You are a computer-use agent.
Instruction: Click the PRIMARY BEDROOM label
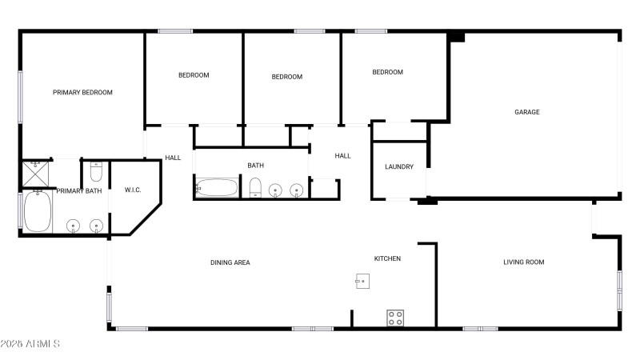[x=82, y=93]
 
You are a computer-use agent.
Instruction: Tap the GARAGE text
[x=526, y=112]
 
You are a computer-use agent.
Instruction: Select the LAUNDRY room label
[x=399, y=167]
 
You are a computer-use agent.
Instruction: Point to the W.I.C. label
[x=133, y=190]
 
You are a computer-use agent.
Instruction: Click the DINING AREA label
[x=230, y=262]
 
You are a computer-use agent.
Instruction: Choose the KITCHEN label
[x=388, y=258]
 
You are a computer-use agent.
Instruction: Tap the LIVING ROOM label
[x=524, y=262]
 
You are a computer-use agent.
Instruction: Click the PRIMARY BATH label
[x=78, y=191]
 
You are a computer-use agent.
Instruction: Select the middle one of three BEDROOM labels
[x=287, y=77]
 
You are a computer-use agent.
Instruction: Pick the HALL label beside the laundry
[x=342, y=156]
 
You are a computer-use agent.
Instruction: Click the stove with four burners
[x=395, y=318]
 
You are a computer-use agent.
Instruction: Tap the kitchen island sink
[x=362, y=282]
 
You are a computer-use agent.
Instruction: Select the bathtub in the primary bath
[x=37, y=212]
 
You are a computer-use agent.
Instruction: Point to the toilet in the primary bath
[x=95, y=171]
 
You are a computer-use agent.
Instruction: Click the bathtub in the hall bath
[x=216, y=188]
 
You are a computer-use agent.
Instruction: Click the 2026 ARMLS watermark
[x=30, y=344]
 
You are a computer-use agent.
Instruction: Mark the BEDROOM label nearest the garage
[x=388, y=72]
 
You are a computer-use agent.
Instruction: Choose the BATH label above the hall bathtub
[x=255, y=166]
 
